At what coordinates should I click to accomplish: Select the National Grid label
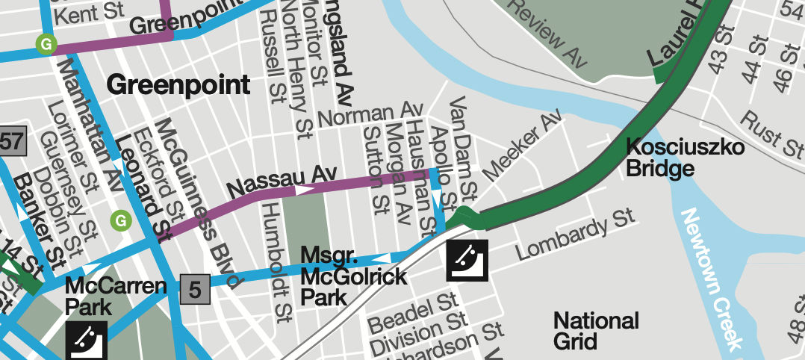(x=596, y=331)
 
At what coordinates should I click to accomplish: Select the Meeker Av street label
(x=520, y=146)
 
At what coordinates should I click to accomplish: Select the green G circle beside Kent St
(x=46, y=44)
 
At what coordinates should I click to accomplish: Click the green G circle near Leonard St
(x=119, y=220)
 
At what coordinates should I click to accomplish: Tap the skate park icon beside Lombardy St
(x=467, y=260)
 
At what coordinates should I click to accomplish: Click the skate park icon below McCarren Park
(x=87, y=341)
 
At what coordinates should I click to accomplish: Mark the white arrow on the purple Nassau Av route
(x=305, y=190)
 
